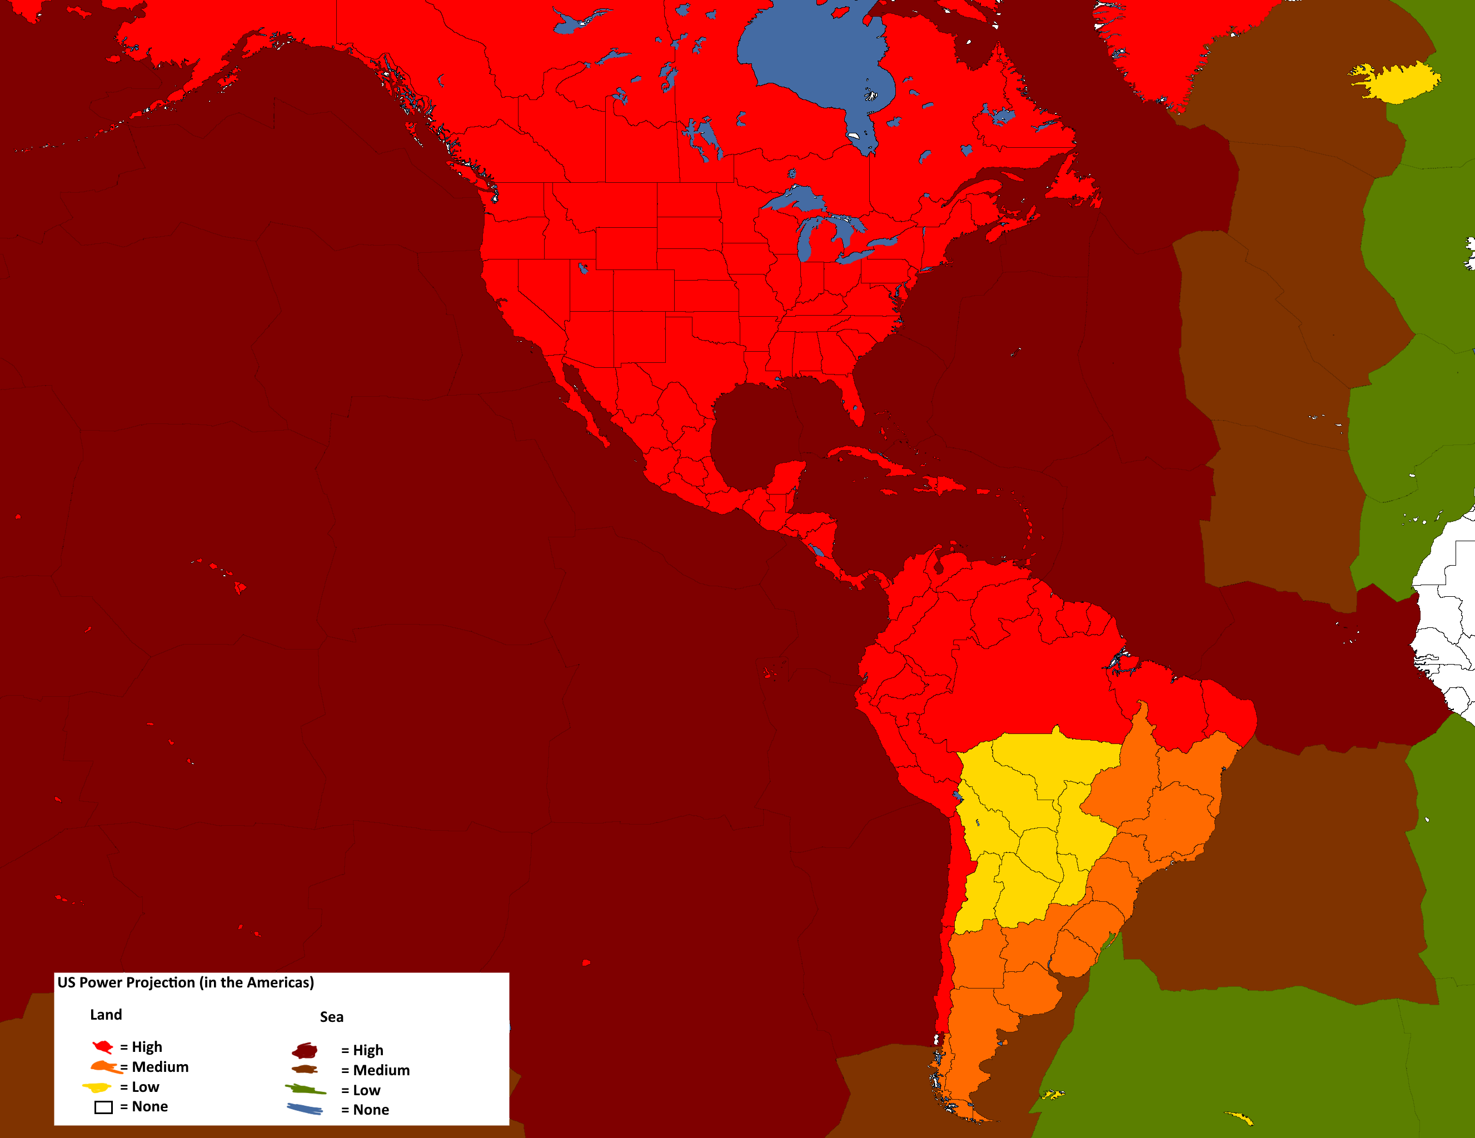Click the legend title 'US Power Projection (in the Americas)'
185,982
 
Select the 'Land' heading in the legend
106,1015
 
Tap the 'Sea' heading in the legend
332,1017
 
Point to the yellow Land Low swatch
97,1087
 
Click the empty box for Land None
103,1107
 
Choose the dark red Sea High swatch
305,1051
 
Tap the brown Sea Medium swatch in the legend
305,1070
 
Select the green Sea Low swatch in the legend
305,1089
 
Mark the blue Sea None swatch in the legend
305,1109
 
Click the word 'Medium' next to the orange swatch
160,1067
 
